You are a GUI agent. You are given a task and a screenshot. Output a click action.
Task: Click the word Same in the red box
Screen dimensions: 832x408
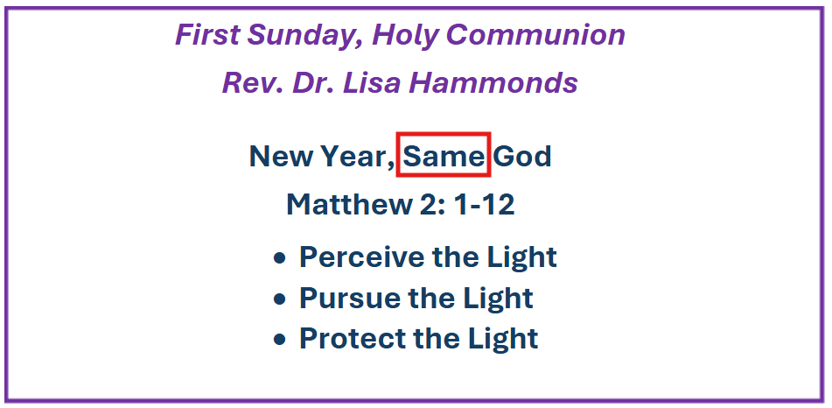coord(443,156)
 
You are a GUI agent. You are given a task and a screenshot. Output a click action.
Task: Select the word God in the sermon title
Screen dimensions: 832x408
coord(522,156)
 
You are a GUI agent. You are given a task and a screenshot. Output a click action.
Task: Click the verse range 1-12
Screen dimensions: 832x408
coord(484,205)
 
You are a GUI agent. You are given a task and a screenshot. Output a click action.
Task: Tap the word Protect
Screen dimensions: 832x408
coord(353,339)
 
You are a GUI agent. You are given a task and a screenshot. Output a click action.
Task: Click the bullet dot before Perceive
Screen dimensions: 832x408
coord(280,258)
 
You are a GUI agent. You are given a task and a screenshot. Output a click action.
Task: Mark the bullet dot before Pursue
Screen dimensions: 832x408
coord(280,299)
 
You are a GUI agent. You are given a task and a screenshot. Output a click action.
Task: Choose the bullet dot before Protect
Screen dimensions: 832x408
coord(280,340)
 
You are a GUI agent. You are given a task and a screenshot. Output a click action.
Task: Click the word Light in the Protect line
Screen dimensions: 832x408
coord(502,339)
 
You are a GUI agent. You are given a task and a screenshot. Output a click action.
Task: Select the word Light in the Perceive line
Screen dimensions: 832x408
coord(521,257)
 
